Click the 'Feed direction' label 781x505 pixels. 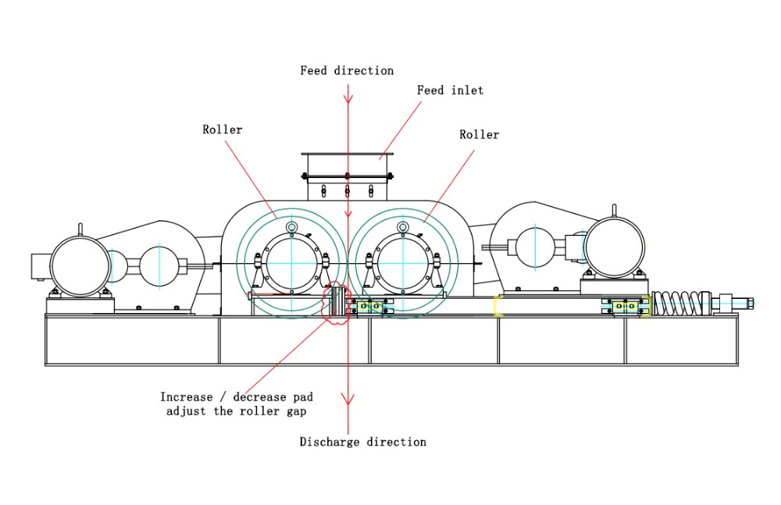point(347,71)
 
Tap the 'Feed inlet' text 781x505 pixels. point(451,90)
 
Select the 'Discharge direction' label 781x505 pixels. point(362,442)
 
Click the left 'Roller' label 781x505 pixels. point(222,130)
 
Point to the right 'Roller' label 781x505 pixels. point(480,134)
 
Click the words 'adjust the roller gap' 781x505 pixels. point(236,411)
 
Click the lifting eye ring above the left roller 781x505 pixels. point(291,228)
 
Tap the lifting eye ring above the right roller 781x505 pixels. point(403,228)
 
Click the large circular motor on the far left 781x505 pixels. point(80,266)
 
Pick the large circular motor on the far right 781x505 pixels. point(614,247)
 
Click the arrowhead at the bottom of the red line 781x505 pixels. point(348,399)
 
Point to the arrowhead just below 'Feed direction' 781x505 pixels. point(348,97)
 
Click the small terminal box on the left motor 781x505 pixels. point(41,266)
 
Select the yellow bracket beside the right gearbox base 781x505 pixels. point(498,306)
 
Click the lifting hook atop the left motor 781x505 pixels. point(80,229)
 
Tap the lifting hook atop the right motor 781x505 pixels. point(614,212)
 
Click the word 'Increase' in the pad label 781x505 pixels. point(187,397)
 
